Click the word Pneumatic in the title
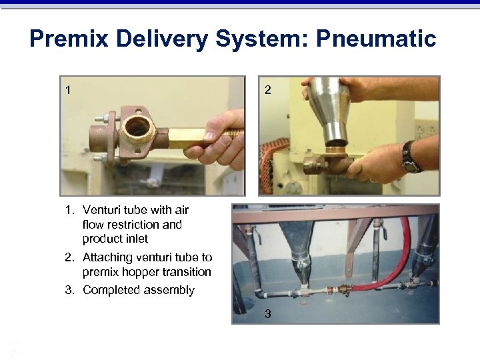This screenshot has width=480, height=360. coord(377,39)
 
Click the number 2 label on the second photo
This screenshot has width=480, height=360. coord(267,89)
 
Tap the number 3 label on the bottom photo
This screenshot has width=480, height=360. coord(267,313)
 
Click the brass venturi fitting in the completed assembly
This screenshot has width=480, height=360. coord(345,291)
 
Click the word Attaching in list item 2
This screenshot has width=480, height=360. coord(107,257)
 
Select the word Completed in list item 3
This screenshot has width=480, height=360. coord(109,290)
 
